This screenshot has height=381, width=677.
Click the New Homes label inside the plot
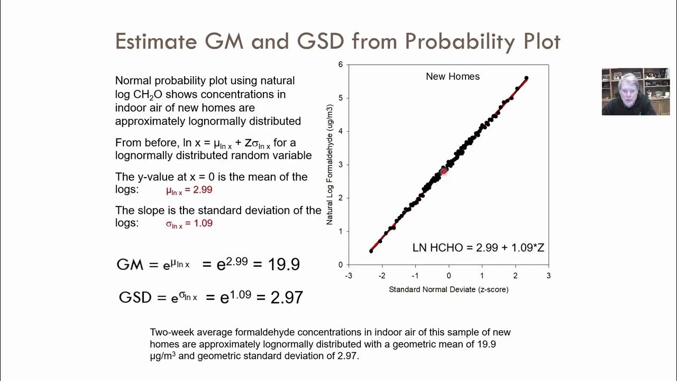(x=453, y=77)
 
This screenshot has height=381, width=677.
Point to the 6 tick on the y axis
(x=341, y=65)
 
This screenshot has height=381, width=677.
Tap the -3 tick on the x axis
(x=349, y=276)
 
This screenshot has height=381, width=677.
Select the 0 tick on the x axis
(x=449, y=276)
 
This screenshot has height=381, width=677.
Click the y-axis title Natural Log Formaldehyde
(x=330, y=164)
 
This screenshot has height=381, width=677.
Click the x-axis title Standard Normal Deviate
(x=449, y=289)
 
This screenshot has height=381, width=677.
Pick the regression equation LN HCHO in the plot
(x=478, y=248)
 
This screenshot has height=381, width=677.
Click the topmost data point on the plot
(x=526, y=78)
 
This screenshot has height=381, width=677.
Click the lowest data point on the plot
(x=371, y=251)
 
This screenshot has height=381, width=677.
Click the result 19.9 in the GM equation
(x=283, y=264)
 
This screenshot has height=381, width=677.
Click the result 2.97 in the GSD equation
(x=287, y=297)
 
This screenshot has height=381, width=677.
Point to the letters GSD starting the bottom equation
(x=135, y=297)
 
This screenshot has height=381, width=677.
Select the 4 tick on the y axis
(x=341, y=131)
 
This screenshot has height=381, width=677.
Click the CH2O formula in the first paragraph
(x=149, y=95)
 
